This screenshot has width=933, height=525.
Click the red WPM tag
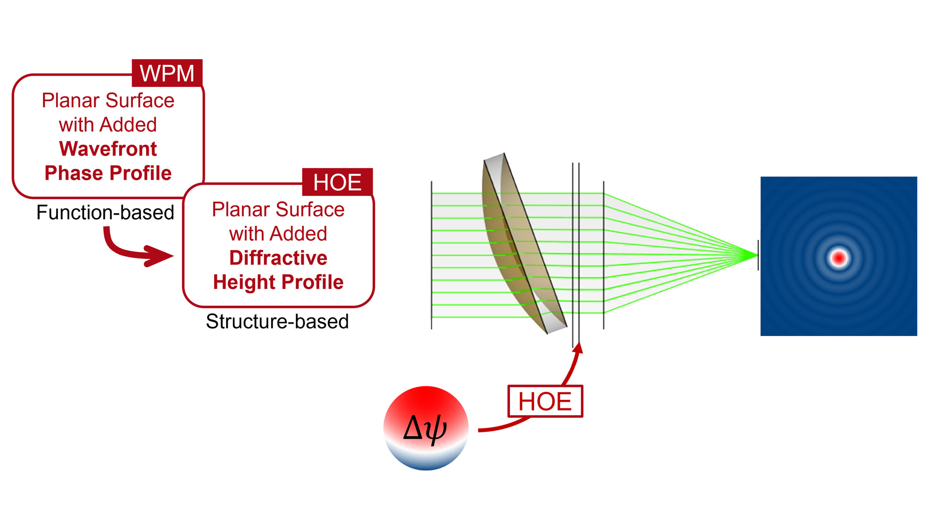167,73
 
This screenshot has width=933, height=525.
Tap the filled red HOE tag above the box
337,182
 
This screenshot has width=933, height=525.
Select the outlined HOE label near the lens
545,401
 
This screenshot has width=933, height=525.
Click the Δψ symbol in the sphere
425,428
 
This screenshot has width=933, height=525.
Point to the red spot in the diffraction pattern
839,258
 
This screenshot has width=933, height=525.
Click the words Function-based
105,212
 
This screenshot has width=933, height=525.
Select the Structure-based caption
278,321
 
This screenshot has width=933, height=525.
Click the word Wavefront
108,149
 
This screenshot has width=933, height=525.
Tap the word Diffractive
279,258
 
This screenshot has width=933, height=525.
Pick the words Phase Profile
108,173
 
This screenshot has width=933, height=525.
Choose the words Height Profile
279,282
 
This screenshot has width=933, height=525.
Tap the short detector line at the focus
758,255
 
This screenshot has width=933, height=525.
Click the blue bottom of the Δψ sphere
426,459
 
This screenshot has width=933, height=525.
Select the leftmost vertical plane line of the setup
432,255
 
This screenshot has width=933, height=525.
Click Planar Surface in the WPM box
108,100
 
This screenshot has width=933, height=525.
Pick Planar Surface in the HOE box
279,210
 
